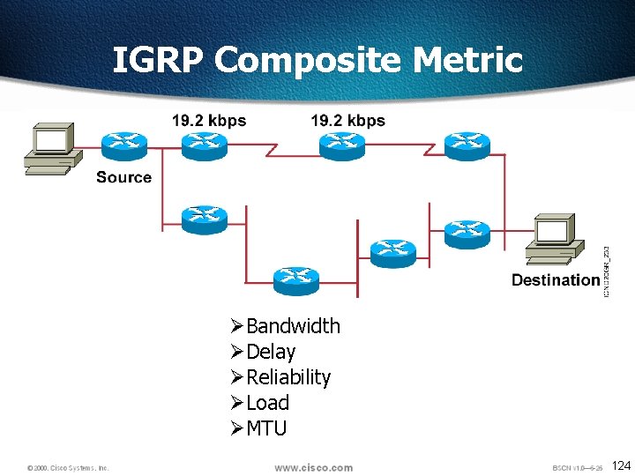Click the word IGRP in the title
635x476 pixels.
(x=159, y=60)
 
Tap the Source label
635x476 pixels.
(x=123, y=177)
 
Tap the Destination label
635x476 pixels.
(x=556, y=280)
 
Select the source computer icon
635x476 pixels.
(x=51, y=149)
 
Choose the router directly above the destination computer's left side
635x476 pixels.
(x=467, y=233)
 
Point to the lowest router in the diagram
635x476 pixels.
(x=296, y=280)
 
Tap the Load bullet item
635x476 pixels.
(x=267, y=403)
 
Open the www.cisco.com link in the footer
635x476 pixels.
(x=313, y=468)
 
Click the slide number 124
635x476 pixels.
(x=621, y=465)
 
